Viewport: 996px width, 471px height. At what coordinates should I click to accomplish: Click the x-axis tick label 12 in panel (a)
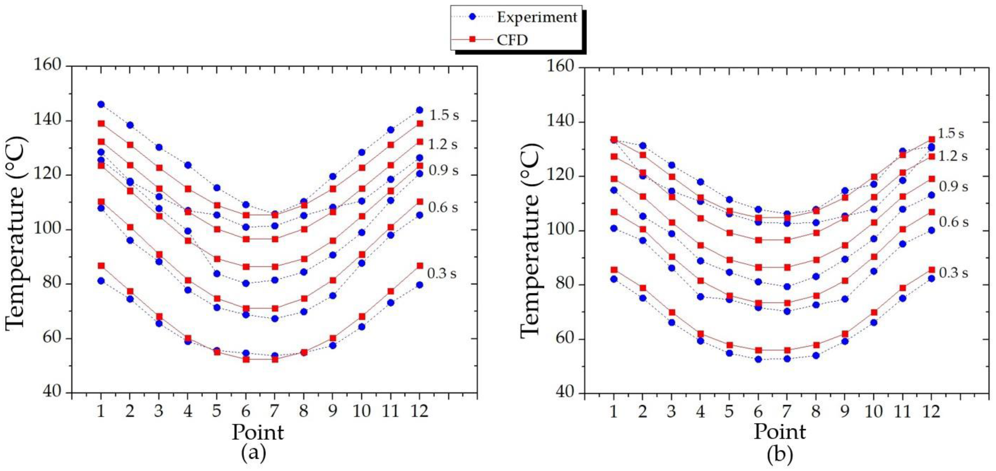[419, 411]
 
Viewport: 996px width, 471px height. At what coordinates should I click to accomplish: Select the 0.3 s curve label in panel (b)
[954, 273]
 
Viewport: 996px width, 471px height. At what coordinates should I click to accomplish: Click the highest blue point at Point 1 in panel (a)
[101, 105]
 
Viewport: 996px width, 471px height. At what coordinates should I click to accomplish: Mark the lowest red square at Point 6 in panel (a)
[246, 359]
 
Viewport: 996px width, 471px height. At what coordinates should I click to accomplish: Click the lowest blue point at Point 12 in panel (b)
[931, 278]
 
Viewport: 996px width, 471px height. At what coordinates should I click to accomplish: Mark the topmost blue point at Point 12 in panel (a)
[419, 110]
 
